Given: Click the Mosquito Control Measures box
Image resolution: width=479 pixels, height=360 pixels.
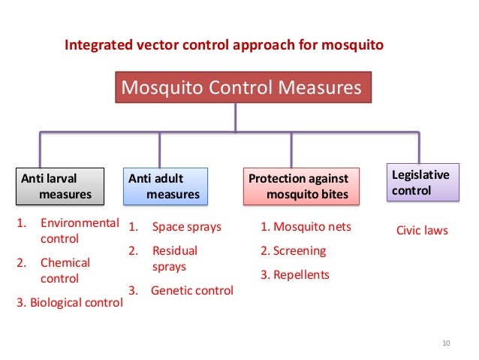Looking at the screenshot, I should [242, 88].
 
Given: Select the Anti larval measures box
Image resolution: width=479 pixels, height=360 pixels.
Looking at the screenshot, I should [59, 186].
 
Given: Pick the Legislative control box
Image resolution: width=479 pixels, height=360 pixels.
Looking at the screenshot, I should [422, 183].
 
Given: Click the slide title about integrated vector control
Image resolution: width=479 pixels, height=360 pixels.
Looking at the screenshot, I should [224, 45].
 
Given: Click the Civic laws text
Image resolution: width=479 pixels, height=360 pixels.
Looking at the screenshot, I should [421, 231].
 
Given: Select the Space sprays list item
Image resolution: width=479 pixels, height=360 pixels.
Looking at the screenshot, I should [186, 227].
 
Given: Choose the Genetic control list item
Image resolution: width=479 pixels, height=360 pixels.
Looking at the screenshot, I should [191, 290].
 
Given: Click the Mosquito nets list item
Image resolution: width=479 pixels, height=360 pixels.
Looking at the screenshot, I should [306, 227].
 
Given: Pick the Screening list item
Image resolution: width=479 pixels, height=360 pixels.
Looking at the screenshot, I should [294, 250].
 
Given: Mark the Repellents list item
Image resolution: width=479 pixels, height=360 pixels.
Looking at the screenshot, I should [295, 274].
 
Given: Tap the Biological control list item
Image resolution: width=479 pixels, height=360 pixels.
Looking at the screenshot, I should [69, 304].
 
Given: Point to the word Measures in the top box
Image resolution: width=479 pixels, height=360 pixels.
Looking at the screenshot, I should [321, 88].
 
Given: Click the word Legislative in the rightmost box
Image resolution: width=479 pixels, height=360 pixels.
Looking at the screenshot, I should [421, 175].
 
